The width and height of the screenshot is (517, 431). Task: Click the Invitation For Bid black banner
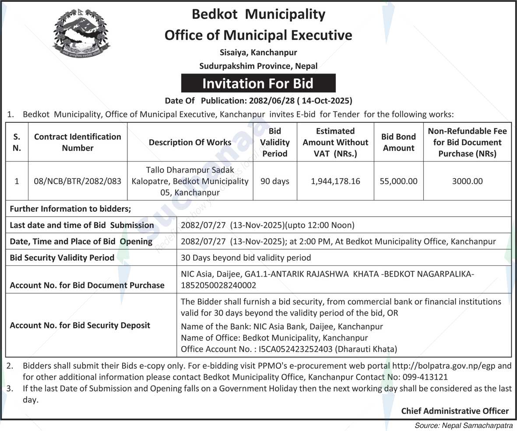point(258,83)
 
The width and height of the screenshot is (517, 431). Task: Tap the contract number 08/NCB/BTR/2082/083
point(77,181)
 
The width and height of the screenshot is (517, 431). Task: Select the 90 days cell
point(274,181)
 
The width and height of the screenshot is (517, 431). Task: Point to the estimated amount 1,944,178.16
point(335,181)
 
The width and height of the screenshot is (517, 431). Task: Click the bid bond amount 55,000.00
point(398,181)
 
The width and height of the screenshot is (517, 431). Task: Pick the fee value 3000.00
point(467,181)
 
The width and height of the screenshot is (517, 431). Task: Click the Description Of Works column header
point(190,142)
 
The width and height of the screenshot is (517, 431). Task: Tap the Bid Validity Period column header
point(274,142)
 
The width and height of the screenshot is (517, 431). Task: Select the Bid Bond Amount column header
point(398,142)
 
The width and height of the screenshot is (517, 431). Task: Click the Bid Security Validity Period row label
point(62,258)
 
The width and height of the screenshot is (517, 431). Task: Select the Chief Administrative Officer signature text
point(455,411)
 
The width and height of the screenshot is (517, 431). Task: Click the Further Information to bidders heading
point(70,209)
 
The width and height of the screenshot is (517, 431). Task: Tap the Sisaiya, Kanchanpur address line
point(258,53)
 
